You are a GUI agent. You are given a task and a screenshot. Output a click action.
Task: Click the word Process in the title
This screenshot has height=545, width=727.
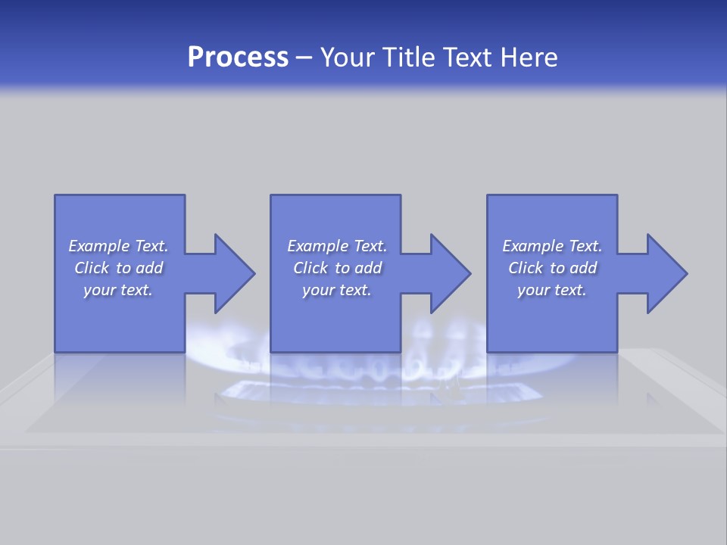tap(238, 58)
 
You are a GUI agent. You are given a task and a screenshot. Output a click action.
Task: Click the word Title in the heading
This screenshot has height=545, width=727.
tap(408, 58)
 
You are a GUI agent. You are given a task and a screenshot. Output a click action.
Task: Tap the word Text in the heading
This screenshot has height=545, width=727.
tap(469, 58)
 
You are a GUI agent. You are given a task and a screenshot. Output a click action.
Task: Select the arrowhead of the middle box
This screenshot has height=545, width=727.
tap(449, 273)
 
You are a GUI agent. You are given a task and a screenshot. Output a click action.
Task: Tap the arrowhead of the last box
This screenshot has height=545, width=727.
tap(666, 273)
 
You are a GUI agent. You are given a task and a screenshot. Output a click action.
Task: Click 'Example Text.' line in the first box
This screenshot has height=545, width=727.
tap(118, 246)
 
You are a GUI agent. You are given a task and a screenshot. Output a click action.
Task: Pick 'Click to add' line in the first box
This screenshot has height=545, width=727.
tap(118, 268)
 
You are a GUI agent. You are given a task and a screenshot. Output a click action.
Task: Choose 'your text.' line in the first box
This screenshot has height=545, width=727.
tap(118, 290)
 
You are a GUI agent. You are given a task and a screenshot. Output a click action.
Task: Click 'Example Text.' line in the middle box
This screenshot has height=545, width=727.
tap(337, 246)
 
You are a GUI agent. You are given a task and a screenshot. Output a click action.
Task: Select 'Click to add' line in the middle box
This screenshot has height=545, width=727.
tap(337, 268)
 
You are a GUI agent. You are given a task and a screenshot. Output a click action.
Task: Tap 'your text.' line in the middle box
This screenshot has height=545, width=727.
tap(337, 290)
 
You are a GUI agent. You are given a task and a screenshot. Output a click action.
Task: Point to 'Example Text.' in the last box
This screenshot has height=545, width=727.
tap(552, 246)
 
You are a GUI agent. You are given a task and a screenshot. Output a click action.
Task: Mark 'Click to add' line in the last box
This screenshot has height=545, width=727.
tap(552, 268)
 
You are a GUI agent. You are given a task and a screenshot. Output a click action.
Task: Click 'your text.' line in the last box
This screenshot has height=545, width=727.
tap(552, 290)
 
